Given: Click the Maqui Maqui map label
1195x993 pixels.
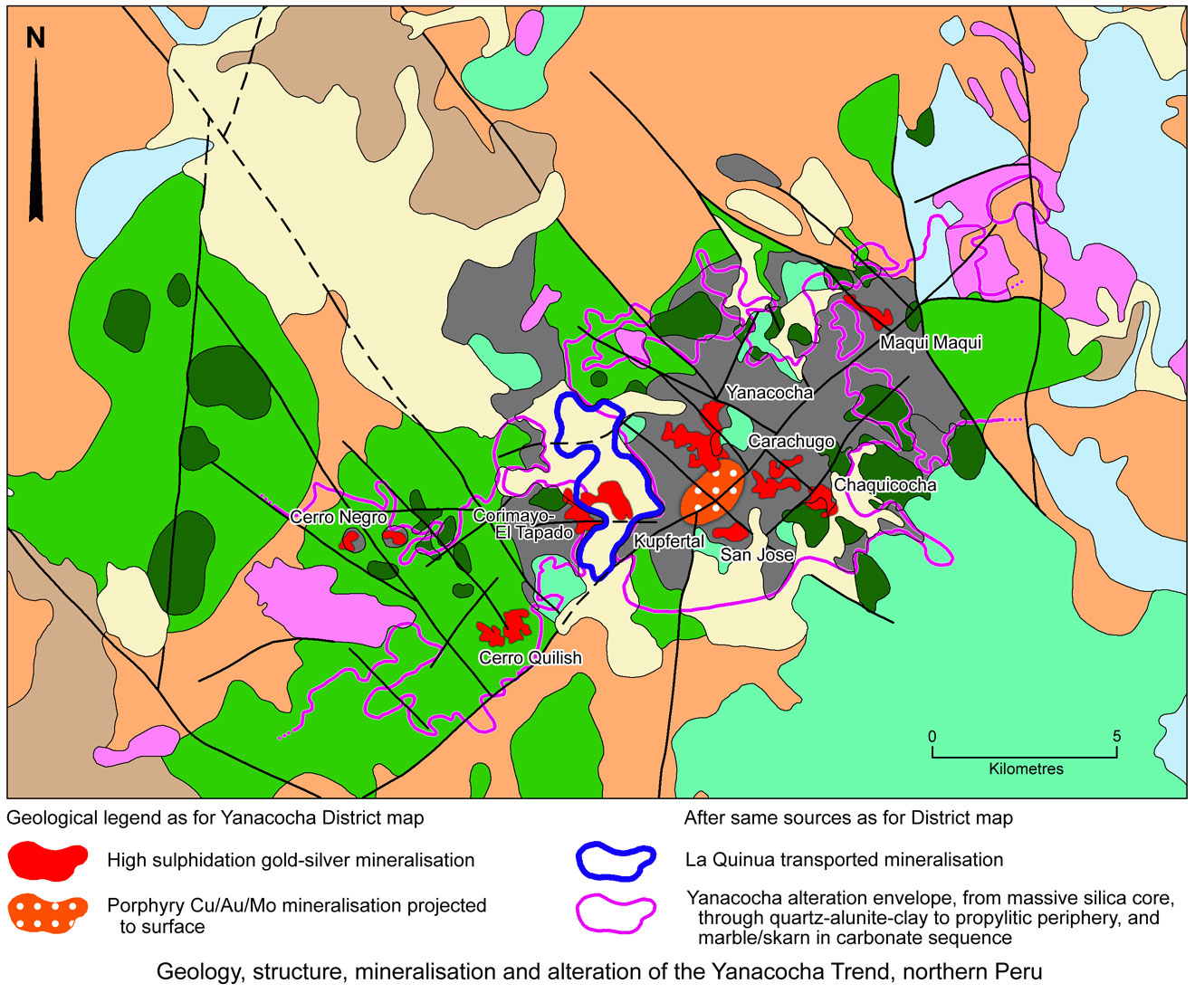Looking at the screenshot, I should [x=931, y=343].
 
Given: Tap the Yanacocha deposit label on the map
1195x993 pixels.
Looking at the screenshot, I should [x=770, y=393].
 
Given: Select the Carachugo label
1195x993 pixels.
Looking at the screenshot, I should [x=791, y=442].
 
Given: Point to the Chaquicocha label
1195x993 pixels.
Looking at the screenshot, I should [x=884, y=485].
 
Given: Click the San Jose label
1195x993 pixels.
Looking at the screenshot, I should [x=757, y=555].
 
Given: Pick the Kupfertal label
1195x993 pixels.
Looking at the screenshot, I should [x=669, y=542].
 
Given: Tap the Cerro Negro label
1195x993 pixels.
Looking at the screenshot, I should [x=339, y=518].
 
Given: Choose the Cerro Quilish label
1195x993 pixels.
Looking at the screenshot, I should [x=531, y=658].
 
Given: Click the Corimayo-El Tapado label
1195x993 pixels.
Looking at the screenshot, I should [x=523, y=524].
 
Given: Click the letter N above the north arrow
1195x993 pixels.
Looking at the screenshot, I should [x=35, y=38].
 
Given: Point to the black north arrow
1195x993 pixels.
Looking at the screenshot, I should [x=36, y=145].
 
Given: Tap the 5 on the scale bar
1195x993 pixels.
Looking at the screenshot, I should [x=1116, y=737].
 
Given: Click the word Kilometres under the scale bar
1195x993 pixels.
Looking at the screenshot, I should [x=1026, y=769].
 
